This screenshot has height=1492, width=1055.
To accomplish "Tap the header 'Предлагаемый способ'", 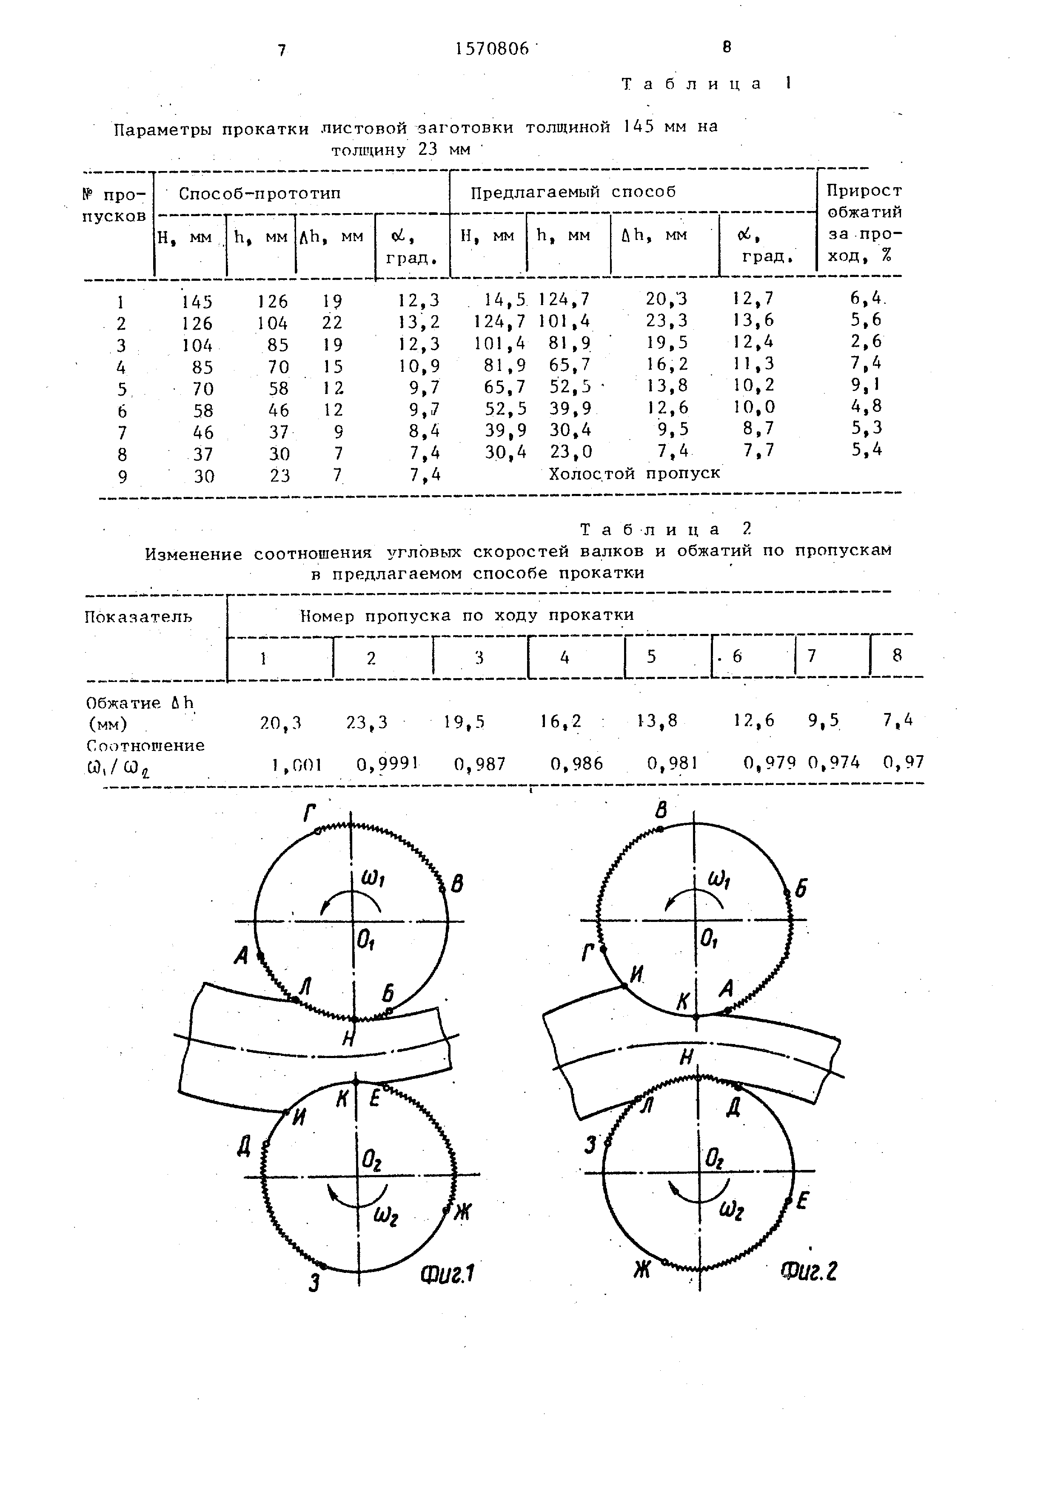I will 573,192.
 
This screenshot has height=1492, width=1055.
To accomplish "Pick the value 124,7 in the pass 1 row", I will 564,300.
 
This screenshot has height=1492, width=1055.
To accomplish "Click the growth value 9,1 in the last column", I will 867,385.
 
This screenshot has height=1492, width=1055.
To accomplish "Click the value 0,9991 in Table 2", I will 387,764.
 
